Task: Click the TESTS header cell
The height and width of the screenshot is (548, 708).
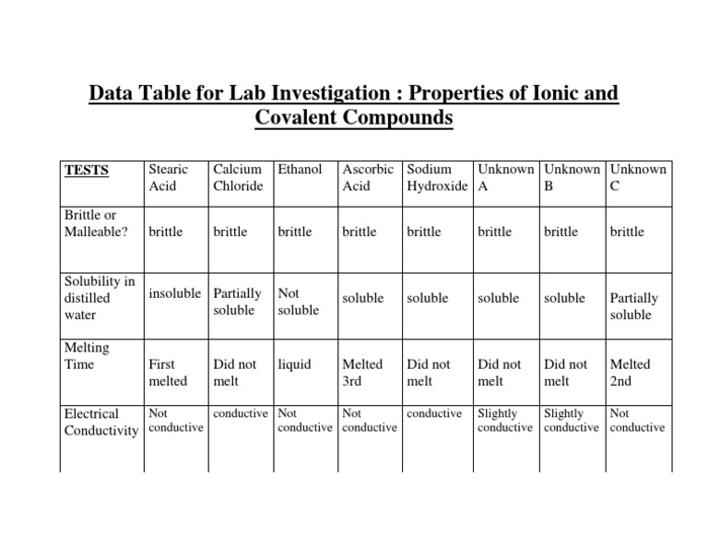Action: (87, 171)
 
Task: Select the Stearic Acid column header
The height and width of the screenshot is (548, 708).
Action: (168, 178)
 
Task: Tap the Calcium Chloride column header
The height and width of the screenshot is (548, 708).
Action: (238, 178)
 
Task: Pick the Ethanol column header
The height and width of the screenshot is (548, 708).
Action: (300, 170)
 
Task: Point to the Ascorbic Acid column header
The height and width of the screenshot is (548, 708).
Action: (368, 178)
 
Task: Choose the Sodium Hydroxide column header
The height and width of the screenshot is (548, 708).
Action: (438, 178)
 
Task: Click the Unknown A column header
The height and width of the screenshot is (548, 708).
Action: (505, 178)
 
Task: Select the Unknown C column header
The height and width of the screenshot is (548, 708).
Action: (638, 178)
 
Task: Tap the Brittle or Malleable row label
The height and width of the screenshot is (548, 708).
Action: (95, 223)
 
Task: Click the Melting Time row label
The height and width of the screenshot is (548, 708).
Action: (87, 356)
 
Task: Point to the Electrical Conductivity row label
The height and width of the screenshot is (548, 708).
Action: (100, 423)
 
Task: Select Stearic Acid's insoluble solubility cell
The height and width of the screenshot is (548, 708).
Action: (174, 293)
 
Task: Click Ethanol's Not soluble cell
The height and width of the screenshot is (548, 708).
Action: (298, 302)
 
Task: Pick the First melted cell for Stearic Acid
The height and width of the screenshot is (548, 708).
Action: (168, 373)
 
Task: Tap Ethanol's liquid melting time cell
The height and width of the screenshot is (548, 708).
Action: (294, 364)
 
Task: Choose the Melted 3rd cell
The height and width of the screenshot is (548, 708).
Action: (362, 373)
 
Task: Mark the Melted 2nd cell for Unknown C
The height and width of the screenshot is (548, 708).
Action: (630, 373)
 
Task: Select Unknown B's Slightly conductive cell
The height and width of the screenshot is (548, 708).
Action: (571, 421)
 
